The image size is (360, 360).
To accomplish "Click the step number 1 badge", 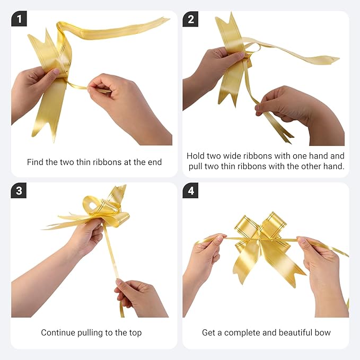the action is click(x=19, y=19).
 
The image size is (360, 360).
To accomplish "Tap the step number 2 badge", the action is click(x=190, y=19).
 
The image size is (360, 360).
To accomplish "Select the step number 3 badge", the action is click(x=19, y=190).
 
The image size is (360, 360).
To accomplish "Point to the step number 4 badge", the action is click(x=190, y=190).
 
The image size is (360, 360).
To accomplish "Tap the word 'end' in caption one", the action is click(x=154, y=162).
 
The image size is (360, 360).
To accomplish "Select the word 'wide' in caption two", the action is click(x=232, y=156).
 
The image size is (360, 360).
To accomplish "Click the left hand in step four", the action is click(x=202, y=264).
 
